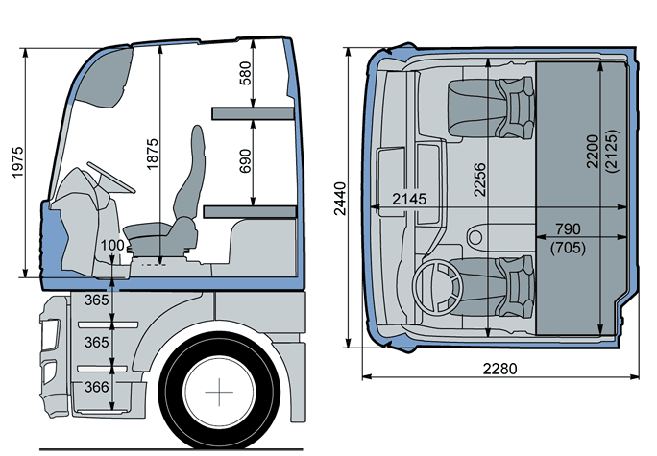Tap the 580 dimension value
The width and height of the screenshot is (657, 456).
coord(245,72)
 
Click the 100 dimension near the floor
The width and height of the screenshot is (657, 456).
coord(111,246)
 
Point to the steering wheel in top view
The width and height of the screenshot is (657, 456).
coord(437,284)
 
